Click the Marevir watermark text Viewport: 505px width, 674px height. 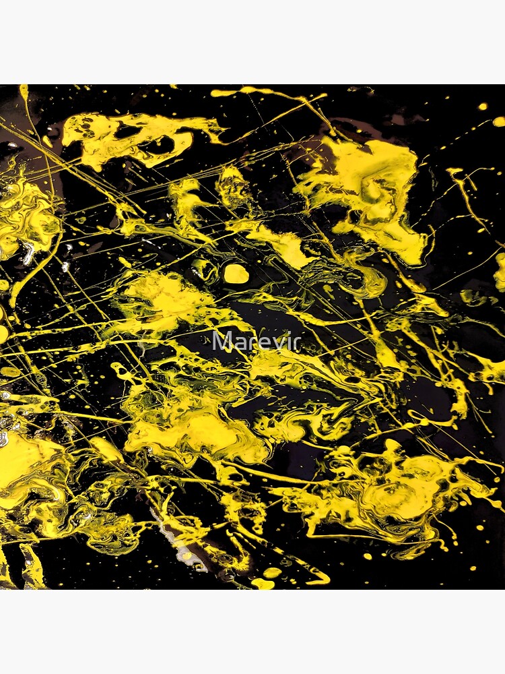(255, 341)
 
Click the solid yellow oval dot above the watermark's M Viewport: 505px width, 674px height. (236, 273)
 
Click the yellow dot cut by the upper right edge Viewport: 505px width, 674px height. (499, 121)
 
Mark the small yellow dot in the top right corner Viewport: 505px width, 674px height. (482, 106)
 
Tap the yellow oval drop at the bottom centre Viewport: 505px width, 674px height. (272, 572)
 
